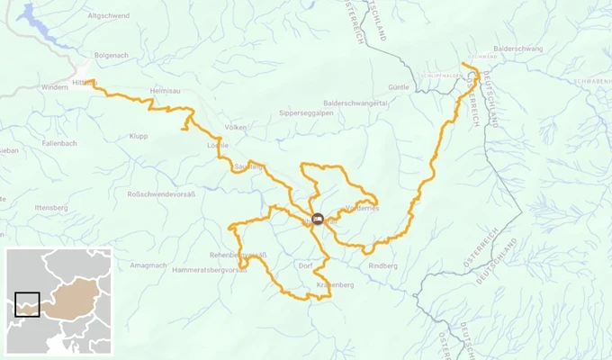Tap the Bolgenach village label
(x=112, y=56)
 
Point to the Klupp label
(x=138, y=136)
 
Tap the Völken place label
(x=236, y=128)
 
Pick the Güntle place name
(x=399, y=87)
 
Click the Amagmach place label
(x=148, y=265)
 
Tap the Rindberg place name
(x=382, y=265)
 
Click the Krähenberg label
(x=336, y=285)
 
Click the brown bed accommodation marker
(x=317, y=218)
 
